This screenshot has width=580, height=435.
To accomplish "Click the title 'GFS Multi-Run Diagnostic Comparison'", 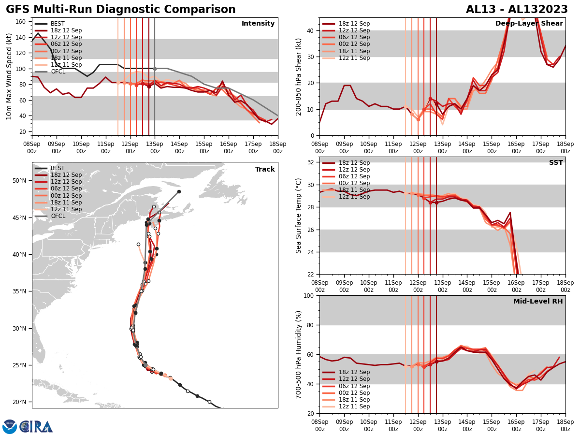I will coord(120,10).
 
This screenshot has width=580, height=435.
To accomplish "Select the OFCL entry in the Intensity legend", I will coord(58,72).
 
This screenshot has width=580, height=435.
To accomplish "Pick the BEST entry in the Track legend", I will coord(58,168).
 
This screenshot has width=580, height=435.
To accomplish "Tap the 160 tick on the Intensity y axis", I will coord(21,22).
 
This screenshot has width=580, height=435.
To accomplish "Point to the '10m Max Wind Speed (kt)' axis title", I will coord(9,77).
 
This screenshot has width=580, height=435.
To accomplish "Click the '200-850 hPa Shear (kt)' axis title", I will coord(299,77).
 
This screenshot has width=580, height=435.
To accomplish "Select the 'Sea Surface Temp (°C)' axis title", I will coord(299,216).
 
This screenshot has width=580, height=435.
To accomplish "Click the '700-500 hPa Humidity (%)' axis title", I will coord(299,354).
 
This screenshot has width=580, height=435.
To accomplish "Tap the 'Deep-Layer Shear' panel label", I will coord(529,24).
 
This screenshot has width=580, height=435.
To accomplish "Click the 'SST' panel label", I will coord(555,163).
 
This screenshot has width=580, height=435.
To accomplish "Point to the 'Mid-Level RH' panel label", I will coord(537,302).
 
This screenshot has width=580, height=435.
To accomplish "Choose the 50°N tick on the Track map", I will coord(19,181).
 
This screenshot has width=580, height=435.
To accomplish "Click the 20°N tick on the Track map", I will coord(19,402).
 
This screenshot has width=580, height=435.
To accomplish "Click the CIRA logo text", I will coord(36,427).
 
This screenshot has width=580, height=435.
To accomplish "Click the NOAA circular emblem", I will coord(10,427).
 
